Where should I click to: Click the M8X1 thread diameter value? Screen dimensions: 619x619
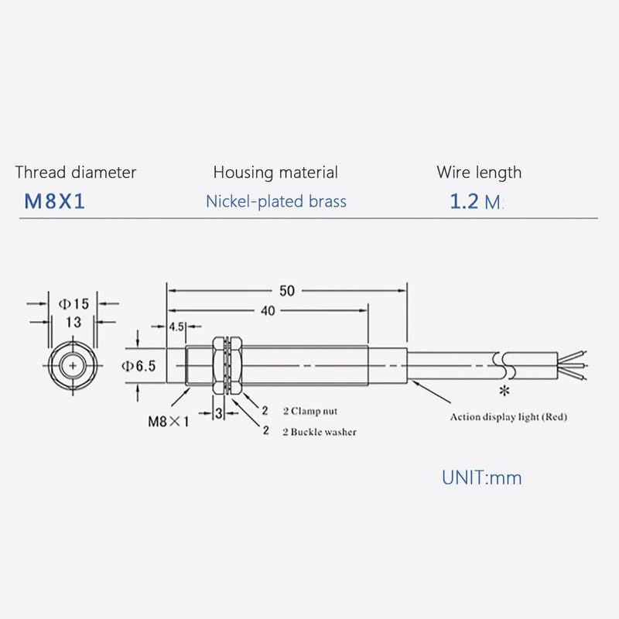pos(54,202)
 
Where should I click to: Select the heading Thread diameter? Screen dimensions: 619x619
pos(76,173)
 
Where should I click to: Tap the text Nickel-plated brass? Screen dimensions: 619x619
pos(276,202)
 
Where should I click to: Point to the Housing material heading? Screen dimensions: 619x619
pos(275,173)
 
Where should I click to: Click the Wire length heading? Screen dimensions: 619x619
pos(479,173)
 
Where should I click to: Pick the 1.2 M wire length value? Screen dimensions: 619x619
pos(475,203)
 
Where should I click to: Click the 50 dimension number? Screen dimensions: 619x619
pos(286,291)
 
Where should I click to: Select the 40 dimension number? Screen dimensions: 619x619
pos(268,310)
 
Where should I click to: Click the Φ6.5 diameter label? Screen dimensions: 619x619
pos(140,367)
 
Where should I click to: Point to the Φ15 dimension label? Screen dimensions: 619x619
pos(74,304)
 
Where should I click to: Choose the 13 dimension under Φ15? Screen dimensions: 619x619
pos(74,321)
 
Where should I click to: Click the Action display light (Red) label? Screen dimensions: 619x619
pos(509,418)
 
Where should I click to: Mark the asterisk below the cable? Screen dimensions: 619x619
pos(505,389)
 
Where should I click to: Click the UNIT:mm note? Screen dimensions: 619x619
pos(481,477)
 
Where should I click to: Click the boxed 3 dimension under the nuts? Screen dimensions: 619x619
pos(220,414)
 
